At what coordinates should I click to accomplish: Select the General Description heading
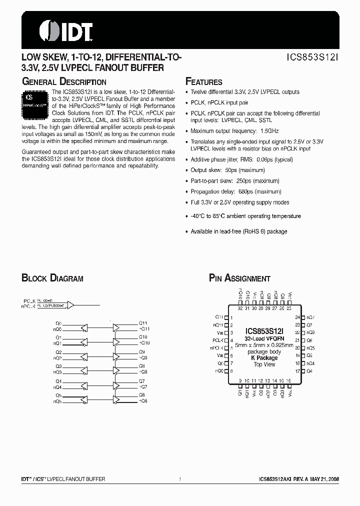pos(64,82)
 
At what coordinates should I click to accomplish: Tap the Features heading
pos(204,82)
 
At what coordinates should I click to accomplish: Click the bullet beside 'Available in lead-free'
pos(187,232)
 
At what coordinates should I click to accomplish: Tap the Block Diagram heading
pos(52,278)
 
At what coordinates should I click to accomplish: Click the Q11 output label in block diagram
pos(143,323)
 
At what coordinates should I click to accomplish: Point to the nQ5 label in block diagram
pos(58,401)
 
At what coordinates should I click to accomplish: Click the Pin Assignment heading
pos(239,278)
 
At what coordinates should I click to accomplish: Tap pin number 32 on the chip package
pos(240,308)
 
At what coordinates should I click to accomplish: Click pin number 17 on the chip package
pos(297,371)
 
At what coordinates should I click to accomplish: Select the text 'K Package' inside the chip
pos(264,358)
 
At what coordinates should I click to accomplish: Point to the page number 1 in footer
pos(179,479)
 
